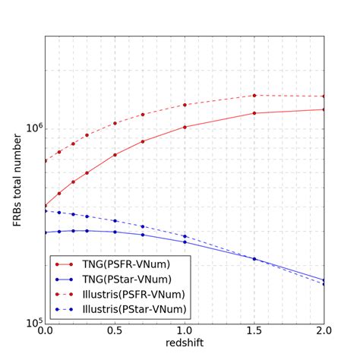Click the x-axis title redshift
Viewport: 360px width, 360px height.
click(x=185, y=344)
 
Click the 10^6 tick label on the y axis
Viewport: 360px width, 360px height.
click(x=30, y=129)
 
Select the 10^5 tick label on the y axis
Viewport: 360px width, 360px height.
click(x=30, y=323)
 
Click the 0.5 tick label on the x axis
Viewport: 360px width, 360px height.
click(x=115, y=333)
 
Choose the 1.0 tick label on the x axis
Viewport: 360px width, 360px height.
click(x=185, y=333)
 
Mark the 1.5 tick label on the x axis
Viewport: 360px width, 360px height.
click(x=254, y=333)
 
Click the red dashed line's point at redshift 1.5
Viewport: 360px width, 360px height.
click(x=254, y=96)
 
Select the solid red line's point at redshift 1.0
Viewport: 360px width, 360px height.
click(x=185, y=127)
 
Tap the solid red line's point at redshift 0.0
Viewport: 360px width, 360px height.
click(x=45, y=206)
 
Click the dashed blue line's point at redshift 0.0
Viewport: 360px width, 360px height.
click(x=45, y=210)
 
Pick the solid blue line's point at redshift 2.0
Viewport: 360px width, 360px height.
click(x=324, y=280)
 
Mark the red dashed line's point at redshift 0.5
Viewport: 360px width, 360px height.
click(x=115, y=123)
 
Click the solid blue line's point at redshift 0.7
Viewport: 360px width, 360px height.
click(x=143, y=235)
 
